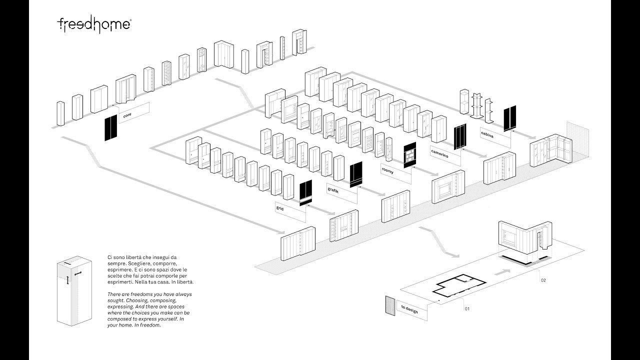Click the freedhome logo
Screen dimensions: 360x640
coord(94,24)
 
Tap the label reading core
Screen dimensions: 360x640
coord(127,115)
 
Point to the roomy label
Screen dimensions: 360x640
coord(387,171)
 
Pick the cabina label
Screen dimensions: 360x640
coord(487,134)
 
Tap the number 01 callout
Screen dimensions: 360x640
coord(467,309)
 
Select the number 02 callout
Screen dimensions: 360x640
coord(543,280)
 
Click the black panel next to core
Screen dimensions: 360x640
coord(110,128)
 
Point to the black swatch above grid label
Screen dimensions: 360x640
coord(305,192)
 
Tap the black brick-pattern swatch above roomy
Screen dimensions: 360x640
coord(410,155)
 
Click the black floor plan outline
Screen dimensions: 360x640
coord(460,287)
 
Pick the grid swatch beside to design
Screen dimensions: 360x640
coord(390,304)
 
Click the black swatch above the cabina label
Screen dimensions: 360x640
coord(510,118)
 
